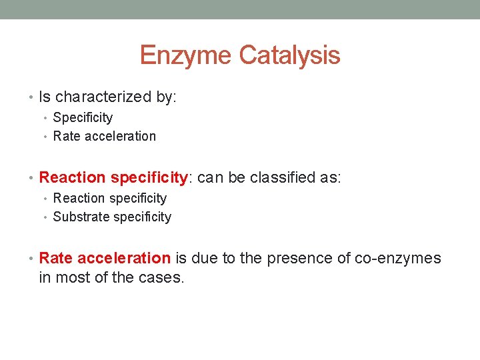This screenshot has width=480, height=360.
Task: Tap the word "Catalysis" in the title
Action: pyautogui.click(x=289, y=55)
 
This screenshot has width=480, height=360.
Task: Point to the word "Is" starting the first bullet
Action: pyautogui.click(x=45, y=97)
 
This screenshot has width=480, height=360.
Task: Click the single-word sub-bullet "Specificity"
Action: pyautogui.click(x=83, y=118)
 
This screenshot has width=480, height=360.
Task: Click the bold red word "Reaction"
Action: pyautogui.click(x=72, y=178)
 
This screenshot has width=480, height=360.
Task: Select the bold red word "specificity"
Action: pyautogui.click(x=150, y=178)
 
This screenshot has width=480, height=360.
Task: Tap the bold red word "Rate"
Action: pyautogui.click(x=56, y=259)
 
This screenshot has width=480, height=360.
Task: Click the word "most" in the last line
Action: pyautogui.click(x=73, y=277)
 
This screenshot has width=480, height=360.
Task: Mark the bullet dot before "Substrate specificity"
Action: pyautogui.click(x=47, y=217)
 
